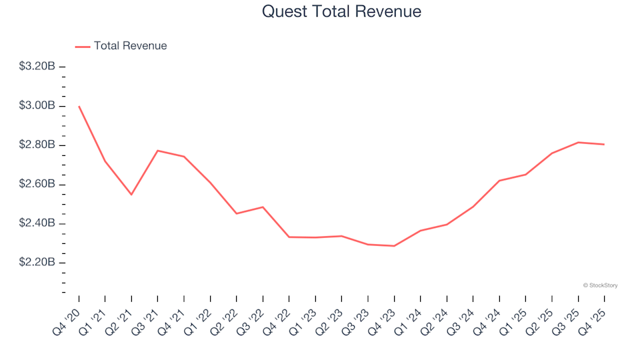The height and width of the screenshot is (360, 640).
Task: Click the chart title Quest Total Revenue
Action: pos(341,12)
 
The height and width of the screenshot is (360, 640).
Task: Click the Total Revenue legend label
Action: pos(130,46)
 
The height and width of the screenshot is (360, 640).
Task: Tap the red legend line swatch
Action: pos(82,47)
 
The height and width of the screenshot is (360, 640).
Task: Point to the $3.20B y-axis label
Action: pos(37,67)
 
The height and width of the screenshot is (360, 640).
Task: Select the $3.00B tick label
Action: pos(37,106)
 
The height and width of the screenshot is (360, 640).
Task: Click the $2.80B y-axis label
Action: pos(37,145)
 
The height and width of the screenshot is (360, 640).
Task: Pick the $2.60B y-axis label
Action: pos(37,184)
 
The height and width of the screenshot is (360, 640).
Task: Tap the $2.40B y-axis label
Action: pos(37,223)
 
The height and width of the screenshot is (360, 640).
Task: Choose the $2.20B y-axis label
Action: pos(37,263)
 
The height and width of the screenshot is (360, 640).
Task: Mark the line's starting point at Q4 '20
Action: pos(79,106)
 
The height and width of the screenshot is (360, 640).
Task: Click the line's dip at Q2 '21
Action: pos(131,195)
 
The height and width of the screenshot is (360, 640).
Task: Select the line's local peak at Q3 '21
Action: pos(157,151)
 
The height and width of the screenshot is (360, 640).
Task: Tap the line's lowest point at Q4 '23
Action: pos(394,246)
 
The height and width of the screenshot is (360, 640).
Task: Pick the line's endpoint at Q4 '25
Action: pos(604,144)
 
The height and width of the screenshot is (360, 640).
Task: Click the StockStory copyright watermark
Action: pos(600,285)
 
